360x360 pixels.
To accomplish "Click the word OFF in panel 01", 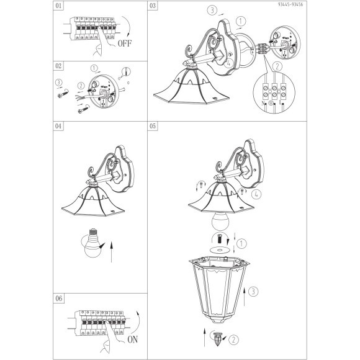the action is coord(125,43).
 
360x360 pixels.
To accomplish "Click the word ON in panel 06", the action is coord(133,340).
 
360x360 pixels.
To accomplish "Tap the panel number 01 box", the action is coord(58,6).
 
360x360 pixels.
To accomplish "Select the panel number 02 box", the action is coord(58,66).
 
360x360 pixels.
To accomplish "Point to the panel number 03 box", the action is coord(153,6).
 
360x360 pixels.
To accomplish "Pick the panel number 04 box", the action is coord(58,126).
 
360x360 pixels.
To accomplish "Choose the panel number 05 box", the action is coord(153,126).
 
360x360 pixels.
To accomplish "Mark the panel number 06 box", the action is coord(58,298).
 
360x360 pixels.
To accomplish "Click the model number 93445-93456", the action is coord(290,4).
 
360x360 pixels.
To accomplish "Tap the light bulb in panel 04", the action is coord(92,243).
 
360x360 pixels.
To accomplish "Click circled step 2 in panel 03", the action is coord(277,66).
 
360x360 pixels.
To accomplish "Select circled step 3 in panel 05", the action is coord(253,292).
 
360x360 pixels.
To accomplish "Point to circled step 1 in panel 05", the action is coord(241,244).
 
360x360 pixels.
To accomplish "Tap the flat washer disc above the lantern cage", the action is coord(220,250).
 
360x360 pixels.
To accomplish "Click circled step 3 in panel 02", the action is coord(59,82).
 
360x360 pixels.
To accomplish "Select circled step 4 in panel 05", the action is coord(256,194).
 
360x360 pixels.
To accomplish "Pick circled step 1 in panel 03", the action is coord(241,21).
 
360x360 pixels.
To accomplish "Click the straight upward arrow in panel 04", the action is coord(112,251).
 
